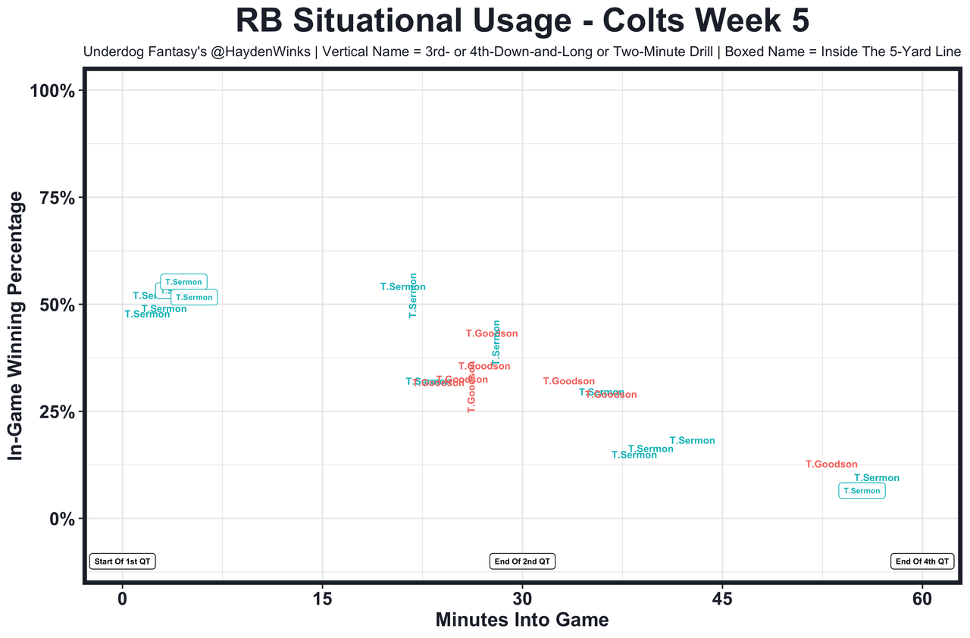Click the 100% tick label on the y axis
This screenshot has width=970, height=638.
pyautogui.click(x=52, y=91)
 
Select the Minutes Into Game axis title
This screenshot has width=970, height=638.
pyautogui.click(x=522, y=621)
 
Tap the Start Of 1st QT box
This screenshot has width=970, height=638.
pyautogui.click(x=123, y=561)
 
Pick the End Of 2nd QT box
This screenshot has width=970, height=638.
pyautogui.click(x=523, y=561)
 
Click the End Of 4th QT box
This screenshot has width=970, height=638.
pyautogui.click(x=921, y=561)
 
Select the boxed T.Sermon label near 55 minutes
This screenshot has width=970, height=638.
pyautogui.click(x=862, y=491)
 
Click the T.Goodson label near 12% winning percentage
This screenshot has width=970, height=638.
pyautogui.click(x=831, y=464)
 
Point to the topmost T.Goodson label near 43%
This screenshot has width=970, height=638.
pyautogui.click(x=492, y=333)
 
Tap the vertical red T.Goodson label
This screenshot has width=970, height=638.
pyautogui.click(x=471, y=387)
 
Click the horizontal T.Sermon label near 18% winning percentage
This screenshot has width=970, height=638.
pyautogui.click(x=692, y=441)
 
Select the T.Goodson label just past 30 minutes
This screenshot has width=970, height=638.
pyautogui.click(x=569, y=381)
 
